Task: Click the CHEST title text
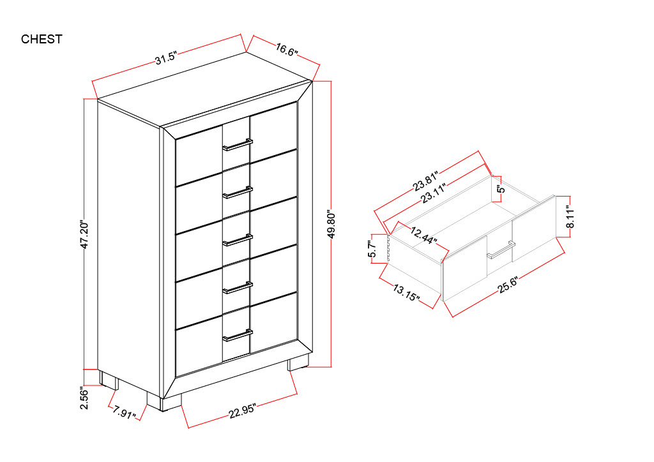(42, 39)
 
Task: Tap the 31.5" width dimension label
(167, 58)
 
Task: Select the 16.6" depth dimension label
(287, 50)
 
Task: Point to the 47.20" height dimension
(85, 235)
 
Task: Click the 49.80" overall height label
(332, 224)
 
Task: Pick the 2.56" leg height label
(85, 399)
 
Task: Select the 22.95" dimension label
(242, 411)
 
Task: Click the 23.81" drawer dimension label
(426, 181)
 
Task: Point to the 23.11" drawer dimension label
(434, 193)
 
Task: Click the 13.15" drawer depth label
(406, 292)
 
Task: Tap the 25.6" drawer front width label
(508, 285)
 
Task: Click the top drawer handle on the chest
(238, 144)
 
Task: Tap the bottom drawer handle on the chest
(238, 336)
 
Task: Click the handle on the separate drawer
(501, 250)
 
